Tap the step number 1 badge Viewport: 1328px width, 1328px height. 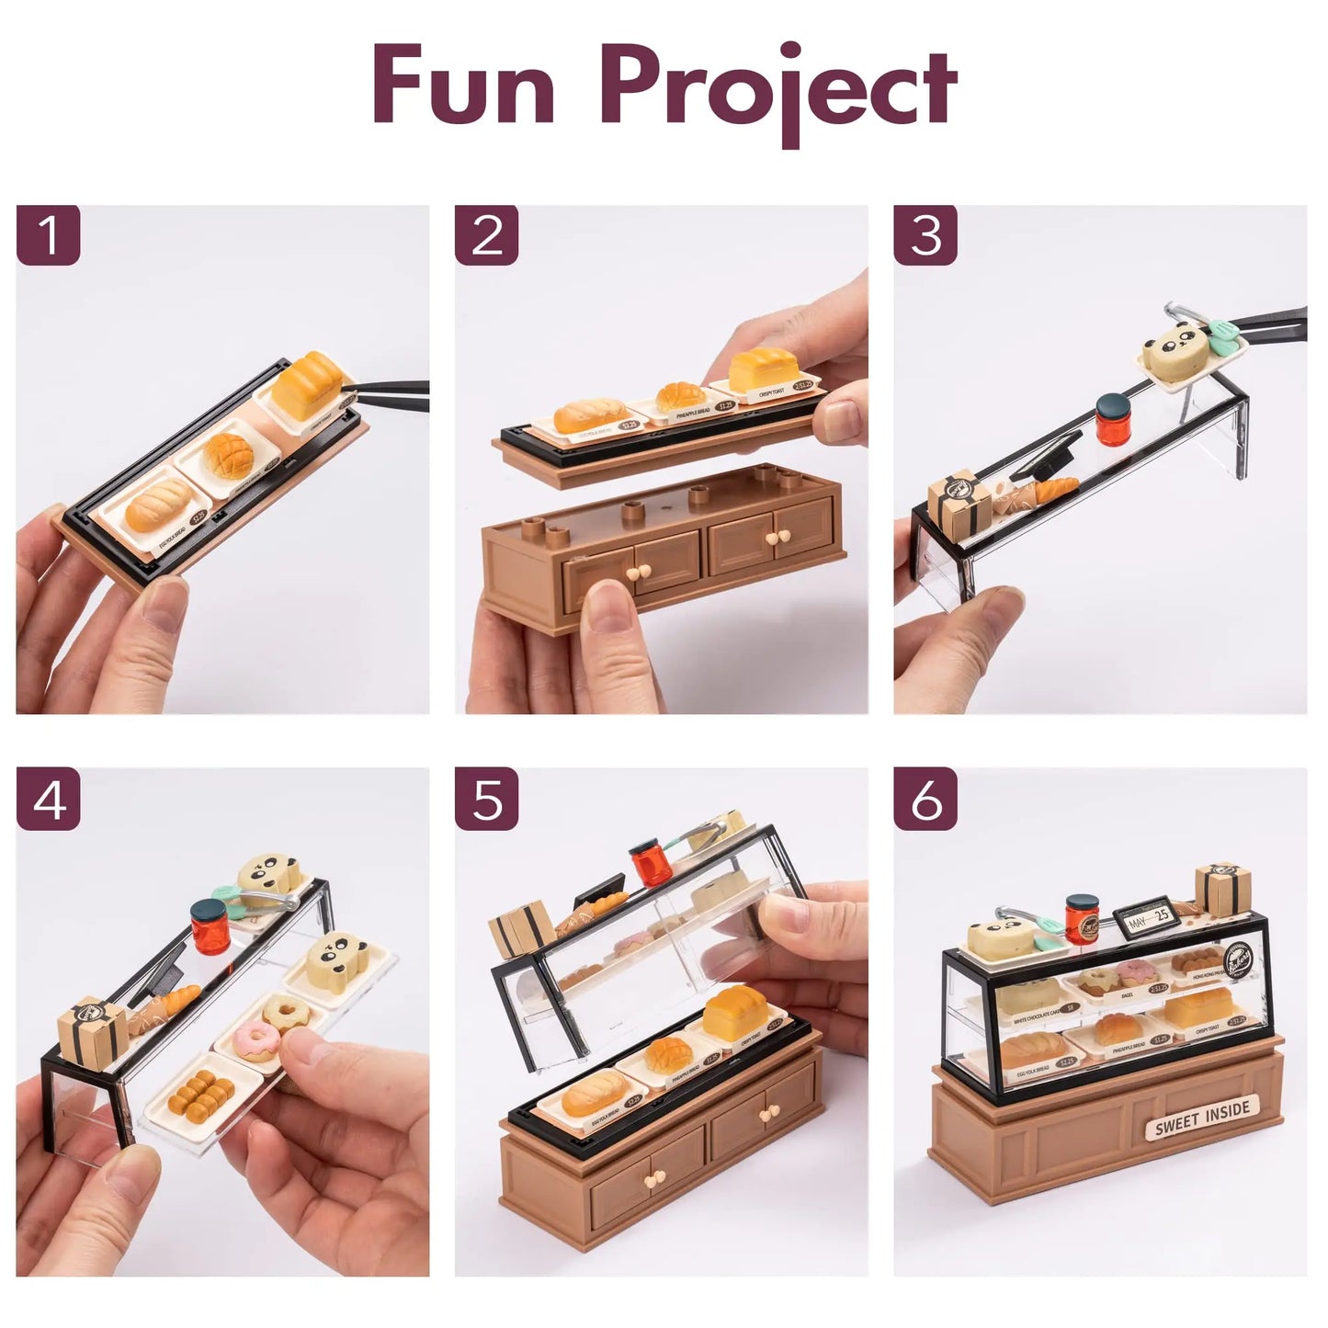point(49,234)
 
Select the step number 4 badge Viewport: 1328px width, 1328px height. point(49,800)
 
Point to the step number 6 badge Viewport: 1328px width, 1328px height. point(925,800)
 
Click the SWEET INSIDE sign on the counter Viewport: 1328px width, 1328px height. point(1201,1118)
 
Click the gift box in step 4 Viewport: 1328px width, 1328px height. point(88,1026)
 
